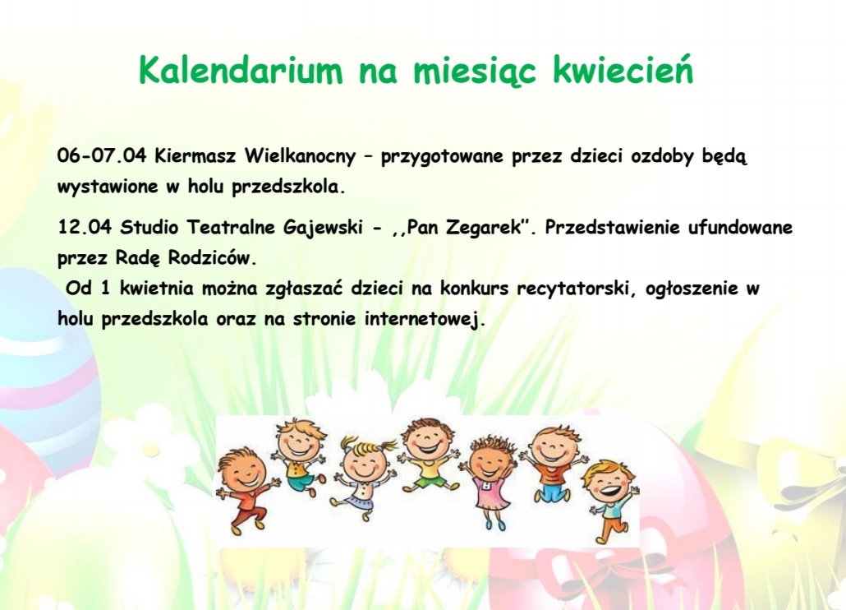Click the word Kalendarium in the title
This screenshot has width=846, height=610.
(241, 70)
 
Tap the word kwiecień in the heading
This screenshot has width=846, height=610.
(623, 70)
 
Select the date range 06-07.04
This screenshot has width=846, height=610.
(102, 155)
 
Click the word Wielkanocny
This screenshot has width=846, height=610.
(300, 155)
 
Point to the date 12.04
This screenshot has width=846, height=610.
(85, 227)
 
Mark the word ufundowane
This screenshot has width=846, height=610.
(740, 227)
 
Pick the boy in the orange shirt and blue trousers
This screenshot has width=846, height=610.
(550, 465)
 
